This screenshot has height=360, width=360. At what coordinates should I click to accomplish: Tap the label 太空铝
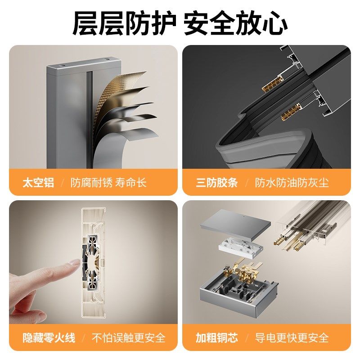click(38, 183)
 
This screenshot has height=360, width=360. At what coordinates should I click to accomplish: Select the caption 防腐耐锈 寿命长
click(108, 183)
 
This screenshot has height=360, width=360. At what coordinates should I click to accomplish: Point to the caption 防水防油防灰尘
click(292, 183)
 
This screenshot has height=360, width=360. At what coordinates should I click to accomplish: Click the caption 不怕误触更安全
click(129, 337)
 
